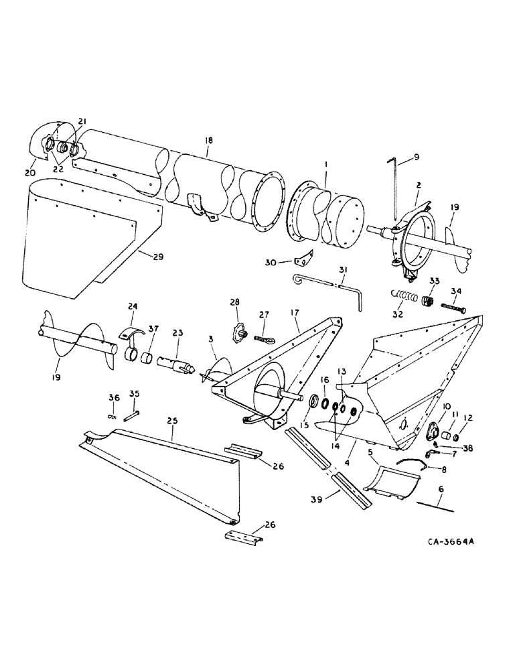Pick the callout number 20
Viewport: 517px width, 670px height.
pyautogui.click(x=29, y=173)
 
